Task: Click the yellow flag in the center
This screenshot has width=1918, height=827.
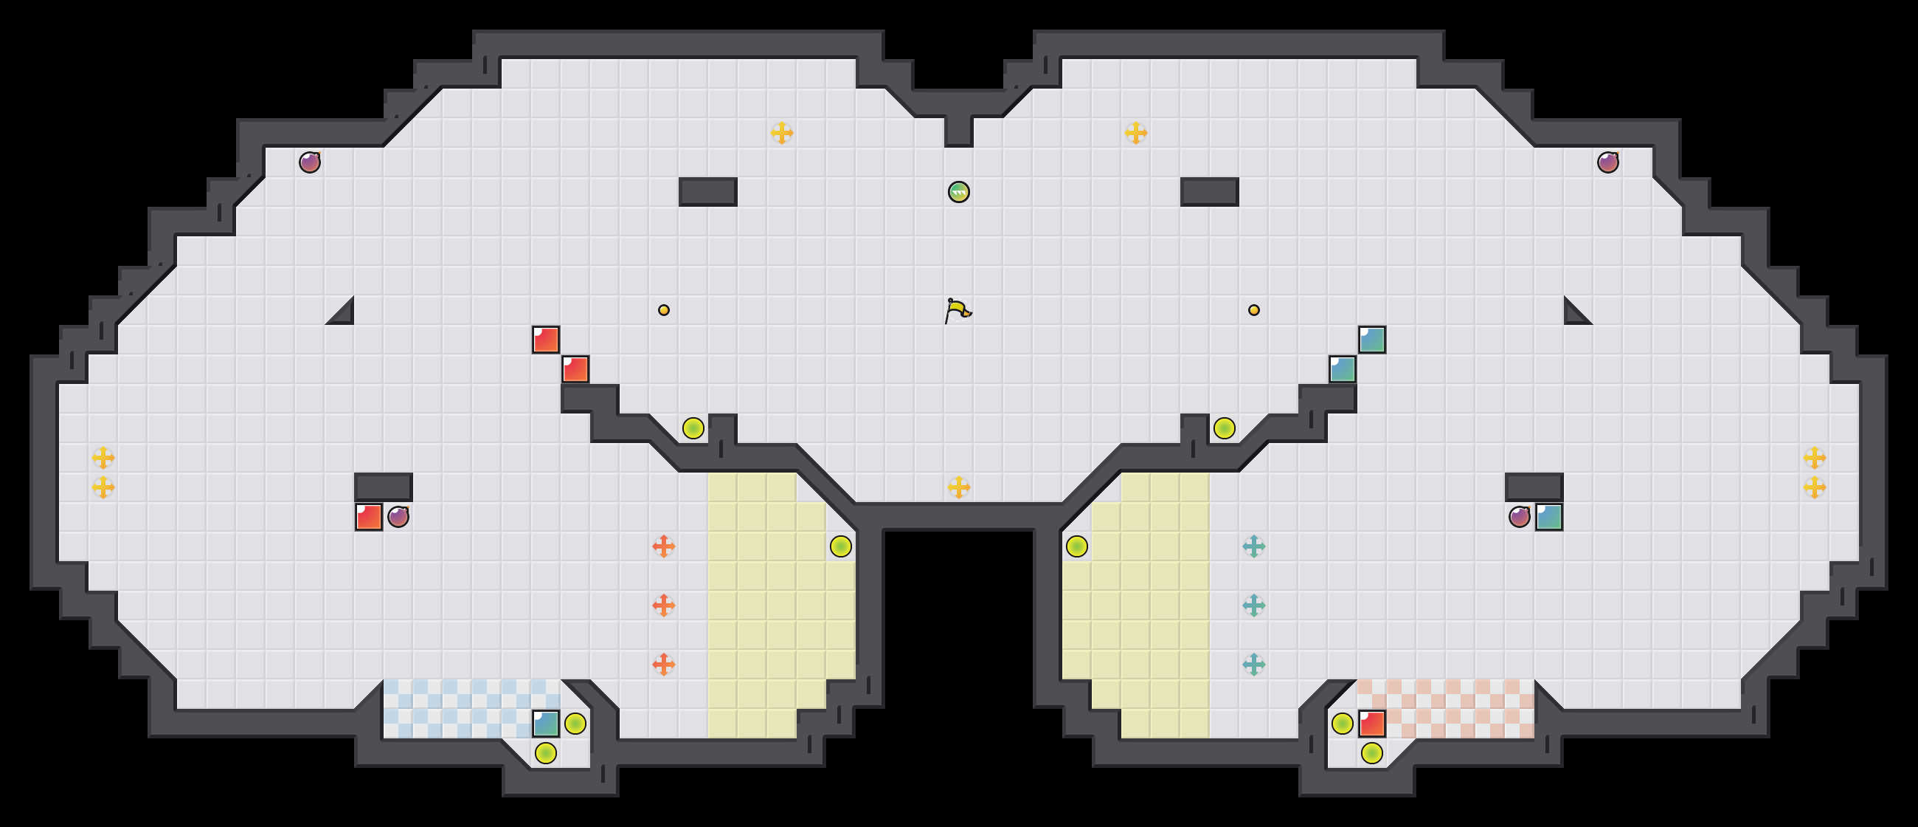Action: [x=958, y=310]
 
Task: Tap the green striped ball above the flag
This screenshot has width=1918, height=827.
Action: [x=959, y=192]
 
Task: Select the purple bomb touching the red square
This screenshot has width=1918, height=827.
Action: [x=398, y=516]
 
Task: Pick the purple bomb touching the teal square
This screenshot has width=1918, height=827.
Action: [x=1520, y=516]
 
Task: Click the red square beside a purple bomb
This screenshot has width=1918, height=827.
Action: [x=369, y=517]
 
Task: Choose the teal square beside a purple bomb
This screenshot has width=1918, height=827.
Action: [x=1548, y=517]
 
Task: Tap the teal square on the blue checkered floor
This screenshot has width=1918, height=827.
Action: [x=546, y=724]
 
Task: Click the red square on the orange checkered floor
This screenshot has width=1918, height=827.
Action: [x=1372, y=724]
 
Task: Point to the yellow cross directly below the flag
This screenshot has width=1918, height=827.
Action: [x=959, y=487]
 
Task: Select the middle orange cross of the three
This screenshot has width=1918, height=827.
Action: [x=663, y=605]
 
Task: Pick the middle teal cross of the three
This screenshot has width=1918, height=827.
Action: [x=1254, y=605]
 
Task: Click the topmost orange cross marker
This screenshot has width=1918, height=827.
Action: [x=663, y=546]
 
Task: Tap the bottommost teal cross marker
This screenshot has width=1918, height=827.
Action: [x=1254, y=664]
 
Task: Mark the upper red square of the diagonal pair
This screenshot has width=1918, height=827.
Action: [x=546, y=340]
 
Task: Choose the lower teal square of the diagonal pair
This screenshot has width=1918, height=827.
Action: [x=1343, y=369]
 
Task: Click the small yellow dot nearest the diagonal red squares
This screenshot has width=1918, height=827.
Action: [x=663, y=310]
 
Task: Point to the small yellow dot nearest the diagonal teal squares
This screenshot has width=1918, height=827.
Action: [x=1254, y=310]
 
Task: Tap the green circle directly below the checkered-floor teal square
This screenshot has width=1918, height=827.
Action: [x=546, y=753]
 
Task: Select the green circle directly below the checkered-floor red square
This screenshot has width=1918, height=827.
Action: [x=1372, y=753]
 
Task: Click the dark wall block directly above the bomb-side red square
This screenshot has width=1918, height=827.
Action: [x=384, y=487]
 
